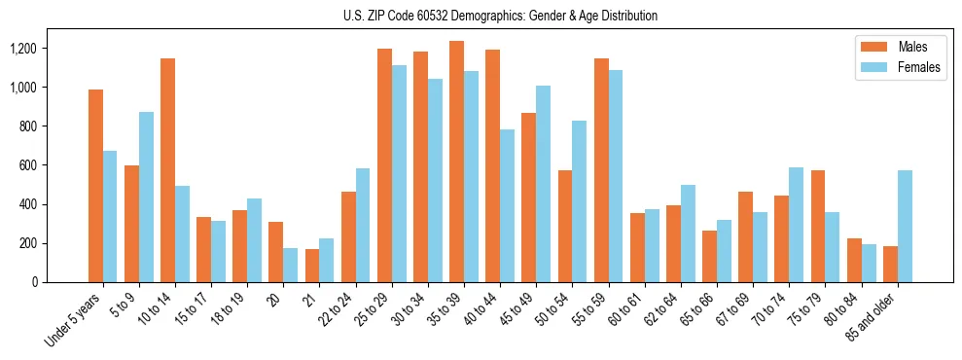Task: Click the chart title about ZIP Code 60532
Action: pyautogui.click(x=500, y=16)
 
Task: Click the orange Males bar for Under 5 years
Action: pyautogui.click(x=95, y=186)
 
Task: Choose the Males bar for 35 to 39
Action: pyautogui.click(x=456, y=162)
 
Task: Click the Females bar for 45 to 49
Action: pyautogui.click(x=543, y=184)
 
